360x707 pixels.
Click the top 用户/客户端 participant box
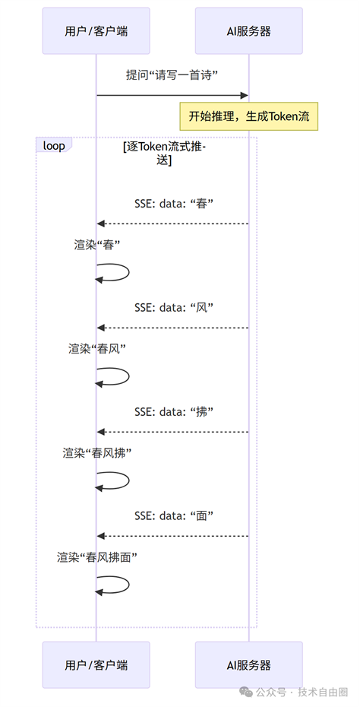pyautogui.click(x=96, y=31)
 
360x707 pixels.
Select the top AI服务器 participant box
pyautogui.click(x=248, y=31)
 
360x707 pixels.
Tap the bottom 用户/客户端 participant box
pyautogui.click(x=96, y=664)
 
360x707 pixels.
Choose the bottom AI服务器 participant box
pyautogui.click(x=248, y=664)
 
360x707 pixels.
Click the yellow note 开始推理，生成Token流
pyautogui.click(x=248, y=116)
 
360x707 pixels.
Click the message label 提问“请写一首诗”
pyautogui.click(x=172, y=75)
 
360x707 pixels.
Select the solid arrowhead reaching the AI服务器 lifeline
pyautogui.click(x=245, y=95)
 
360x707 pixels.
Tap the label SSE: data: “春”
pyautogui.click(x=173, y=203)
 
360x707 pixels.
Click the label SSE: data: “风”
pyautogui.click(x=173, y=308)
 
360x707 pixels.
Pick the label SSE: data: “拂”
pyautogui.click(x=173, y=412)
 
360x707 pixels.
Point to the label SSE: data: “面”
pyautogui.click(x=173, y=516)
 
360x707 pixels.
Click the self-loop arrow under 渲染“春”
pyautogui.click(x=129, y=272)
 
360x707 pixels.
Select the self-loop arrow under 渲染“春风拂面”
pyautogui.click(x=129, y=585)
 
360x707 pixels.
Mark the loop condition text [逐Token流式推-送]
pyautogui.click(x=165, y=154)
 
